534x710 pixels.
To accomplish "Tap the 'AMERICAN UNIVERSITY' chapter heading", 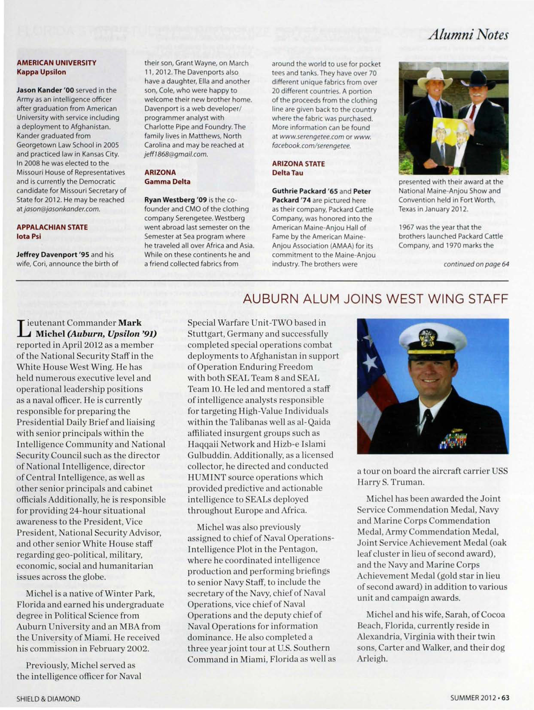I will click(56, 63).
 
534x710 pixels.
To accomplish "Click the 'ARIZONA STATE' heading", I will click(298, 164).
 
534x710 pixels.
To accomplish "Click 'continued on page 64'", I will click(476, 264).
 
